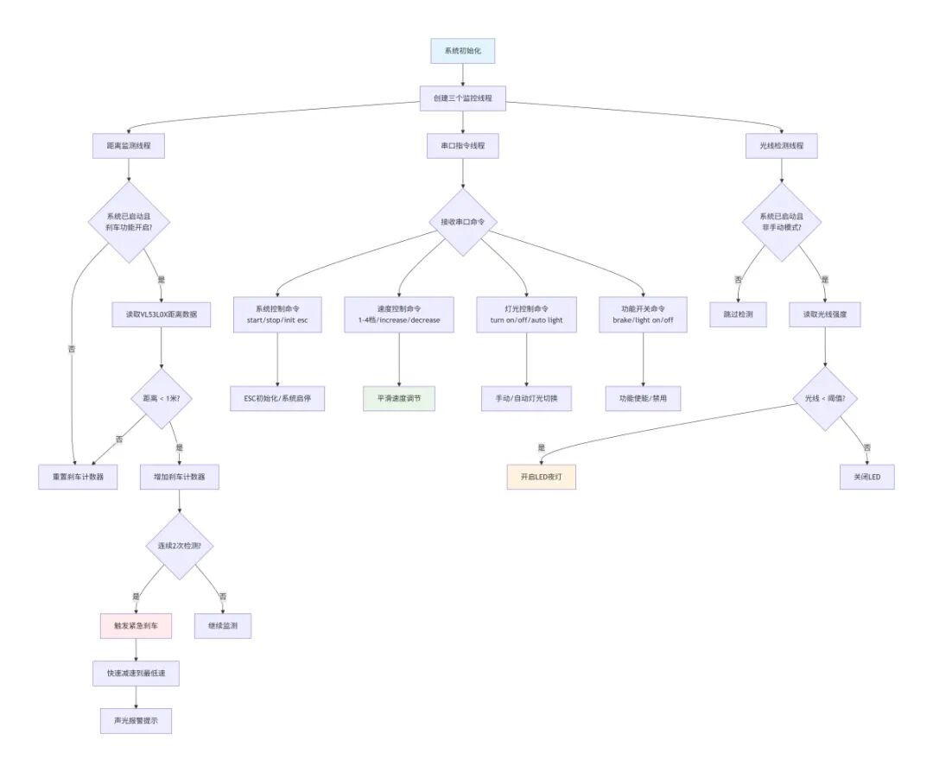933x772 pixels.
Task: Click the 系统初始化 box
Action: [462, 51]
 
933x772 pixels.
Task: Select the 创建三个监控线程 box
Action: [462, 98]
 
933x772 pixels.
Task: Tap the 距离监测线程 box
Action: [128, 147]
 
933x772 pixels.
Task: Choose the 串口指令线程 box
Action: [462, 147]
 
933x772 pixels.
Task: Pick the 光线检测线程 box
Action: [781, 147]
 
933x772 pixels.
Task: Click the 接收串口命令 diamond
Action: [462, 222]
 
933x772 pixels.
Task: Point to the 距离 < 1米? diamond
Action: [162, 399]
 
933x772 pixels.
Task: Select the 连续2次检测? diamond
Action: [179, 546]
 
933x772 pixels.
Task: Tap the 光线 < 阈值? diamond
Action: [825, 399]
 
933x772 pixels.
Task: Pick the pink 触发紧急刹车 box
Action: [136, 625]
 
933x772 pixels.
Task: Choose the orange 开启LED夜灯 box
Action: [541, 478]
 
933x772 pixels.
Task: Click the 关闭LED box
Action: [866, 478]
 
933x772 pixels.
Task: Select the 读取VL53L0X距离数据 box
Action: [162, 314]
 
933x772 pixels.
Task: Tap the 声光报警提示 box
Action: [136, 722]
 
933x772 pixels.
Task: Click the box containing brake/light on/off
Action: [644, 314]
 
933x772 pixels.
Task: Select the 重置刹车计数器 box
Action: [78, 478]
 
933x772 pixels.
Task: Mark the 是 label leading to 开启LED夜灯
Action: [542, 447]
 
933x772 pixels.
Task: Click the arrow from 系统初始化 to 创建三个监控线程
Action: [462, 74]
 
